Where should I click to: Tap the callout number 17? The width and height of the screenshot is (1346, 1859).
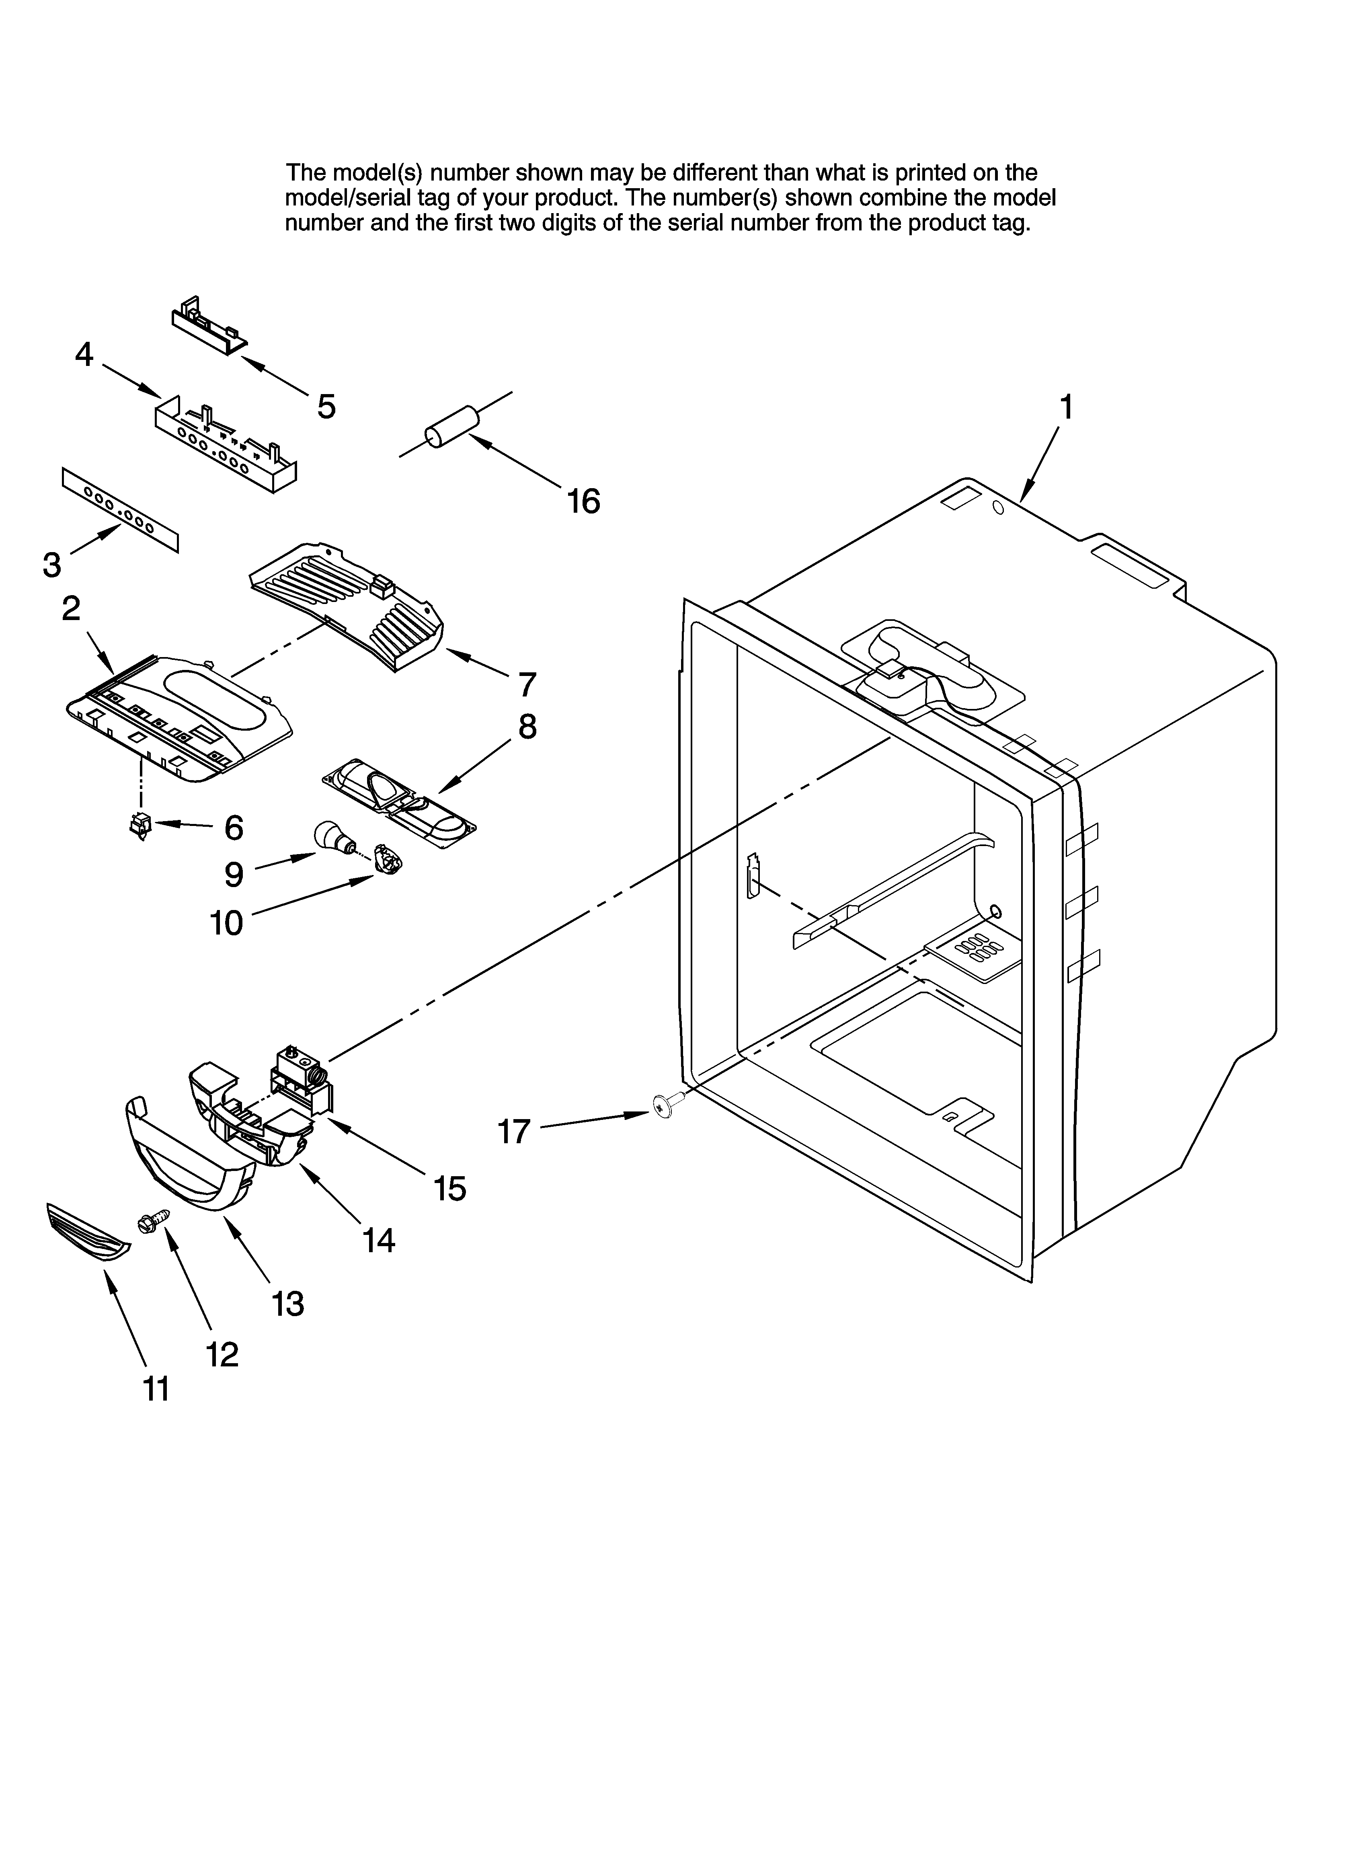[x=514, y=1132]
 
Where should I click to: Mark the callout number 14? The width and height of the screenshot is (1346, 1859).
[x=379, y=1241]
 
